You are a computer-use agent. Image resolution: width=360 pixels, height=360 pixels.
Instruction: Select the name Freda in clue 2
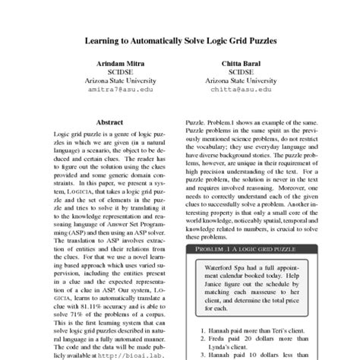pyautogui.click(x=221, y=340)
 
